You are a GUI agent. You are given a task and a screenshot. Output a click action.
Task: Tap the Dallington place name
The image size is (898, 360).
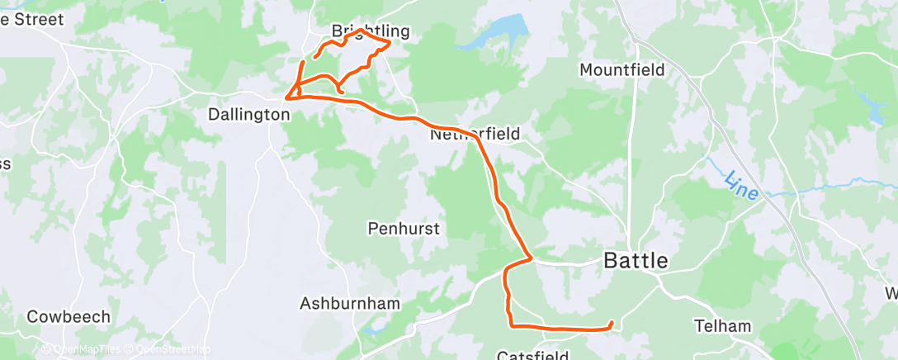point(248,116)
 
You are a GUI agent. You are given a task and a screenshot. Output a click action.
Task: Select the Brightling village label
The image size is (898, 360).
point(371,31)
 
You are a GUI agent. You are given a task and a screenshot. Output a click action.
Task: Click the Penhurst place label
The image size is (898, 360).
point(404,229)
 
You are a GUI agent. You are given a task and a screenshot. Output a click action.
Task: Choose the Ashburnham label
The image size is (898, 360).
point(349,303)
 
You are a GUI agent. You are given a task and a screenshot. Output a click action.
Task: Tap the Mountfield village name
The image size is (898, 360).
point(622,70)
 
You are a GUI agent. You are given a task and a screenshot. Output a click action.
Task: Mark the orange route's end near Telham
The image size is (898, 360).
point(611,323)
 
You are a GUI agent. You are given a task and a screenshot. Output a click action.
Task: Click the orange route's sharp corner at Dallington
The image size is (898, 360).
point(286,97)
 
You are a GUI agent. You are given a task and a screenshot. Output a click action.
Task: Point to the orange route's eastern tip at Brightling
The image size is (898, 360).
point(389,43)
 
